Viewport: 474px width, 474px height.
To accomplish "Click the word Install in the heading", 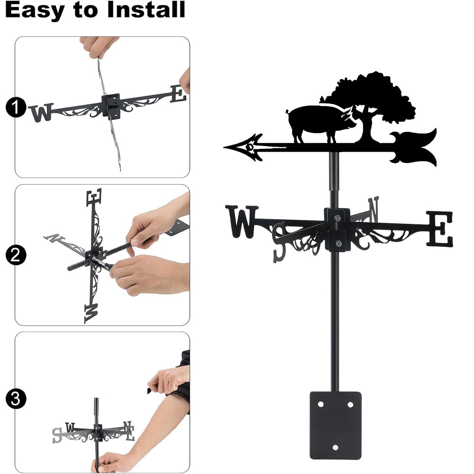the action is pyautogui.click(x=146, y=9).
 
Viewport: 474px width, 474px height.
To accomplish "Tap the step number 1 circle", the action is pyautogui.click(x=16, y=107).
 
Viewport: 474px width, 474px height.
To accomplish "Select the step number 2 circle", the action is pyautogui.click(x=16, y=255).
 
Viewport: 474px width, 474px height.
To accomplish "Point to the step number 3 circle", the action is pyautogui.click(x=16, y=399).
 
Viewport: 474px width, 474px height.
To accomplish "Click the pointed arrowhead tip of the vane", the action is pyautogui.click(x=224, y=147).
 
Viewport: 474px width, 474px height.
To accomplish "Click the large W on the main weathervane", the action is pyautogui.click(x=242, y=221).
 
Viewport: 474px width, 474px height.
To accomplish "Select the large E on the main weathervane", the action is pyautogui.click(x=439, y=229).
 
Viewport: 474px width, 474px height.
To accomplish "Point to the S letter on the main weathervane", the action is pyautogui.click(x=279, y=242).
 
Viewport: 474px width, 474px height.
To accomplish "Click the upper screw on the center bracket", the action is pyautogui.click(x=337, y=218).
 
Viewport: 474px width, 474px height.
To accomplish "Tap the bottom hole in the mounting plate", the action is pyautogui.click(x=335, y=447).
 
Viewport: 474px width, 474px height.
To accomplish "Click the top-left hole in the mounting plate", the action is pyautogui.click(x=320, y=404).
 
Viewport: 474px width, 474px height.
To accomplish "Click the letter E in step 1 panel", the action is pyautogui.click(x=178, y=94).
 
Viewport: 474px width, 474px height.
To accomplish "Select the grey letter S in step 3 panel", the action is pyautogui.click(x=57, y=435).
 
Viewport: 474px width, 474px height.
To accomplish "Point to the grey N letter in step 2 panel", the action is pyautogui.click(x=54, y=238).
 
